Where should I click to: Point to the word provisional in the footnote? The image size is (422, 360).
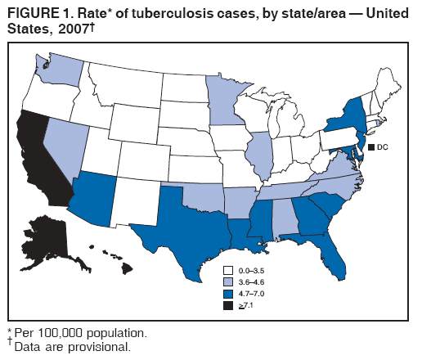(x=97, y=347)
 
